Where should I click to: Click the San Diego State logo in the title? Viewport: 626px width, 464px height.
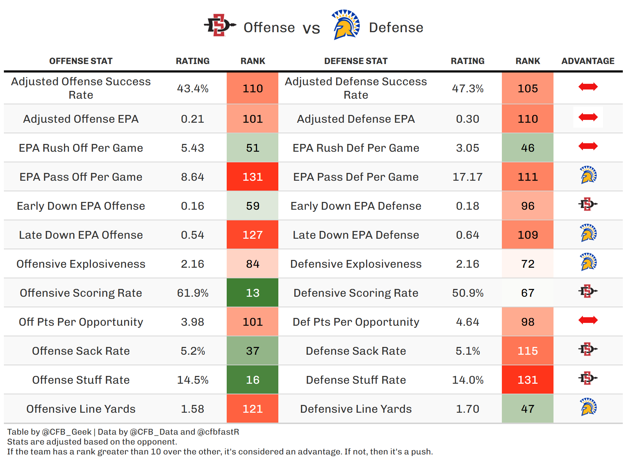220,25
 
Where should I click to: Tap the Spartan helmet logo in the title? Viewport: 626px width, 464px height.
346,25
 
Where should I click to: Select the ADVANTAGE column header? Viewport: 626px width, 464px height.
588,61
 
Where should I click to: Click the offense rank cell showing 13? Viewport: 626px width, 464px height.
253,293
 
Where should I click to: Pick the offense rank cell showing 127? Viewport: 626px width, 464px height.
253,235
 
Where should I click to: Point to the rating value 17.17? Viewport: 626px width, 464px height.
468,177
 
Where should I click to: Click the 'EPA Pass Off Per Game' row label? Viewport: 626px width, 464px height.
81,177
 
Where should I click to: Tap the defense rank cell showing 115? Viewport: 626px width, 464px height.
528,351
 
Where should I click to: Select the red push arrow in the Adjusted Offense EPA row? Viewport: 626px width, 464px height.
588,117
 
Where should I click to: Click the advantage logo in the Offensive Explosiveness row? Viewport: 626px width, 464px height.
588,262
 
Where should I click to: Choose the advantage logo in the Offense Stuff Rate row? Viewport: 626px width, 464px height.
588,378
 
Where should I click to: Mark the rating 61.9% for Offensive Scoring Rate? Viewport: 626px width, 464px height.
193,293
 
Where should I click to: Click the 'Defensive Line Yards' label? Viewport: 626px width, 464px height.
356,409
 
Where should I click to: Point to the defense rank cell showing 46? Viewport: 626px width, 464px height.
528,148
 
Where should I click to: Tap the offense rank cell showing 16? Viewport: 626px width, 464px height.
253,380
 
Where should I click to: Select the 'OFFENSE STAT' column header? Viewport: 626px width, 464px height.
81,61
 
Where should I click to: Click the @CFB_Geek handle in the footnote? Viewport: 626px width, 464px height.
67,432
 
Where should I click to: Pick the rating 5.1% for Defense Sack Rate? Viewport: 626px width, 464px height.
468,351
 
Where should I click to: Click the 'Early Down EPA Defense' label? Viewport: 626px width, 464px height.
356,206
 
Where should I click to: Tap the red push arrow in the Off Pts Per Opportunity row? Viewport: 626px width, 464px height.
588,320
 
